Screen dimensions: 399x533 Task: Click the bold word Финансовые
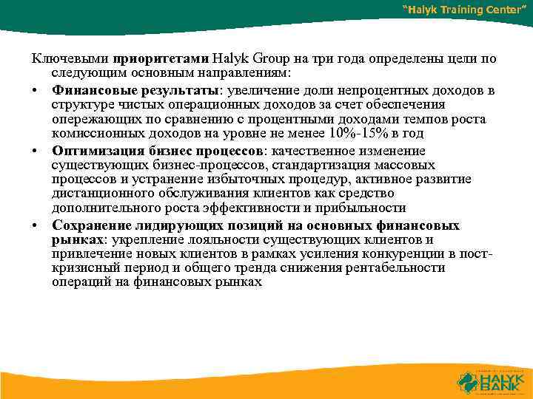coord(88,90)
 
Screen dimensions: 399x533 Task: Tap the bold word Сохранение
coord(90,225)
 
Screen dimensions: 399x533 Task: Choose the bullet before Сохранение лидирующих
coord(35,226)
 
